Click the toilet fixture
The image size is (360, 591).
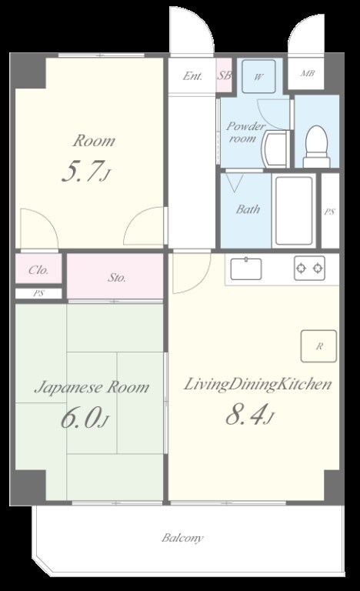pos(316,146)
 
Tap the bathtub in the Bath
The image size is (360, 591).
pos(294,210)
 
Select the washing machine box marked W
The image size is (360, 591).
pos(258,76)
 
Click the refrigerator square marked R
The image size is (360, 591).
pos(318,346)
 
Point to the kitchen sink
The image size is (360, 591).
pos(246,269)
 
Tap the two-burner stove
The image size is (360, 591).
pos(309,268)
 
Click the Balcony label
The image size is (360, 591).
pos(182,538)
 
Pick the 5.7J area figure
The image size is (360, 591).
pos(86,172)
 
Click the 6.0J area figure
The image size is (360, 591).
pos(85,418)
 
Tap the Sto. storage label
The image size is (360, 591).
pos(117,278)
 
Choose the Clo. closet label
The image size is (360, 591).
pos(38,270)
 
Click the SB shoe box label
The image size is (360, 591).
pos(225,75)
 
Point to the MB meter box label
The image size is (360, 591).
pos(307,74)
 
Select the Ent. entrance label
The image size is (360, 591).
pos(192,76)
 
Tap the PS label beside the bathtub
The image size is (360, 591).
pos(329,212)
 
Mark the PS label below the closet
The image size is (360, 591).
pos(38,293)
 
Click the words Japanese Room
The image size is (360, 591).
pos(92,388)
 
